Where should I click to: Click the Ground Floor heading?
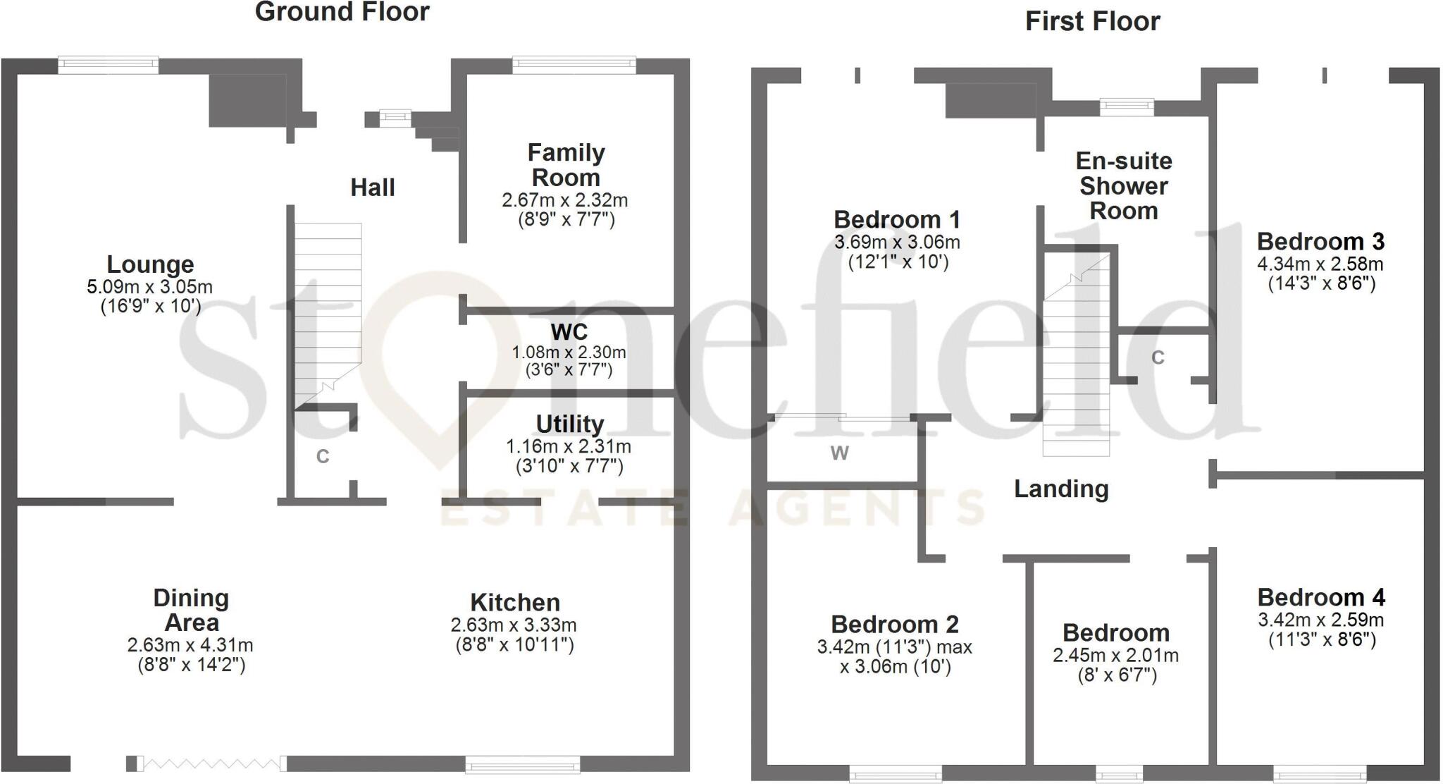tap(342, 13)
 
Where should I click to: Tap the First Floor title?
tap(1092, 22)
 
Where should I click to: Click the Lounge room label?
tap(150, 265)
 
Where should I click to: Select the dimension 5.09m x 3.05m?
tap(149, 287)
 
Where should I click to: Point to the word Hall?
tap(373, 188)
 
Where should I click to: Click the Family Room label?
tap(566, 165)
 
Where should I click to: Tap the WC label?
tap(569, 332)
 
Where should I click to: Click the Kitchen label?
tap(515, 603)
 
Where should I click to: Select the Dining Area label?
tap(191, 611)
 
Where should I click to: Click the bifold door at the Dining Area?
tap(211, 763)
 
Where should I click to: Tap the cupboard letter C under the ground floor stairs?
tap(323, 457)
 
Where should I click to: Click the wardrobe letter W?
tap(839, 453)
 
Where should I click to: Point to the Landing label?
tap(1061, 489)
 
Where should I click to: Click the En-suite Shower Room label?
tap(1124, 186)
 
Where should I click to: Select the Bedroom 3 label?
tap(1320, 242)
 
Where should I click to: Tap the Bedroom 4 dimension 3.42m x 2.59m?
tap(1320, 620)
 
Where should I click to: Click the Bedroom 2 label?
tap(895, 625)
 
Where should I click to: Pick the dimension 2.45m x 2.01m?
tap(1115, 656)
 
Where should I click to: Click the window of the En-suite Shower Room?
tap(1127, 107)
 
